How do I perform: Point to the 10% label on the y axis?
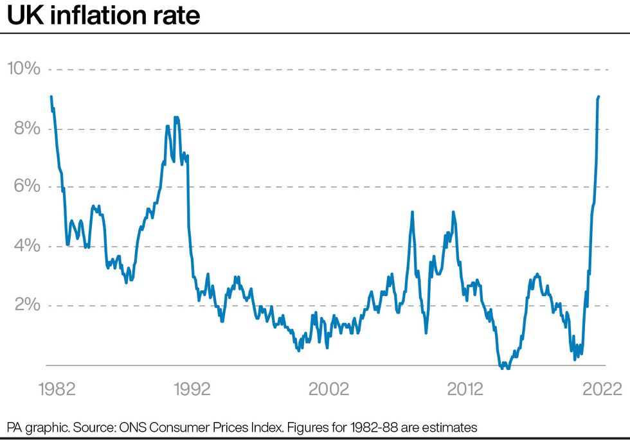[x=24, y=68]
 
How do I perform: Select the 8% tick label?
[x=28, y=128]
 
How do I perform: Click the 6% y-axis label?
[x=28, y=186]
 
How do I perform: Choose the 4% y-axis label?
[x=28, y=246]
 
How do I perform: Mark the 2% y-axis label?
[x=28, y=305]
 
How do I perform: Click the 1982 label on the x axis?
[x=57, y=389]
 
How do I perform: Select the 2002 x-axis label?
[x=328, y=389]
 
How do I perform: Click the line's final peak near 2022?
[x=598, y=97]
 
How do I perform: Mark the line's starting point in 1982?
[x=51, y=97]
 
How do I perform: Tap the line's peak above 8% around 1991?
[x=176, y=118]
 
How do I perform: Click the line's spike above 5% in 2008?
[x=412, y=212]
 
